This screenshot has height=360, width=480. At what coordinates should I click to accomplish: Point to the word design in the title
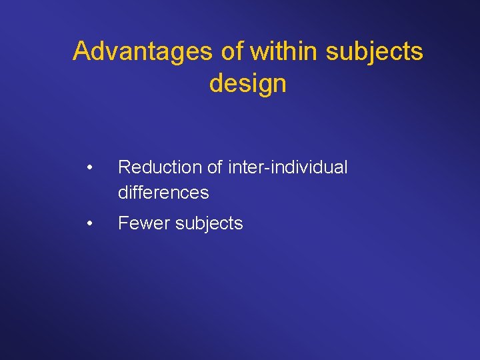[247, 84]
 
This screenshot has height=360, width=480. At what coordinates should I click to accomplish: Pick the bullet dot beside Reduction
[89, 167]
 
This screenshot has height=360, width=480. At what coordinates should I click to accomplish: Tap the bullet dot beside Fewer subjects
[89, 223]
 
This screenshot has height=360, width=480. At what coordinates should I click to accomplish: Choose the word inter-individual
[288, 167]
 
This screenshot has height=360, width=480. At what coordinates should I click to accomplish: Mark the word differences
[163, 193]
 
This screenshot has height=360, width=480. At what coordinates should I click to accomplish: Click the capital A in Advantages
[81, 51]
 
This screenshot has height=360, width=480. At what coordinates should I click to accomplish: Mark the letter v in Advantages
[111, 51]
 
